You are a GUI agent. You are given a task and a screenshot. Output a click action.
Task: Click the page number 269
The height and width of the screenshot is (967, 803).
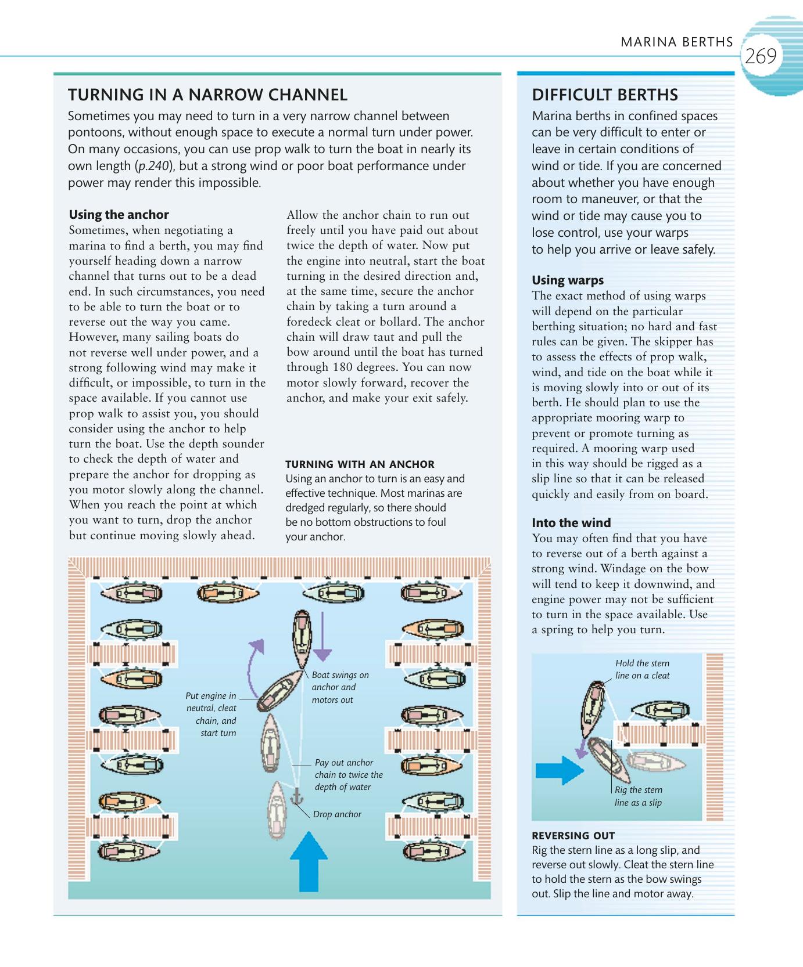(760, 56)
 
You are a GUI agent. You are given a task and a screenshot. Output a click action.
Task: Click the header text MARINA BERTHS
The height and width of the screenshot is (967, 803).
(676, 42)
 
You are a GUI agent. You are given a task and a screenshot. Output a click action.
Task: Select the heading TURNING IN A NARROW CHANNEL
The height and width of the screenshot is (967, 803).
(207, 95)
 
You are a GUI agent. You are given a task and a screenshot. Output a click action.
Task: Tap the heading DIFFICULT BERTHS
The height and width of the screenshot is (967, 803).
(604, 95)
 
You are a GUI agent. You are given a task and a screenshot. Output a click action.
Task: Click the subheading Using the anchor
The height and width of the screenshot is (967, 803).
(119, 215)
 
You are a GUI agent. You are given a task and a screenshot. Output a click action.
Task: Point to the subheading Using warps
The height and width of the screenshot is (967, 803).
(567, 280)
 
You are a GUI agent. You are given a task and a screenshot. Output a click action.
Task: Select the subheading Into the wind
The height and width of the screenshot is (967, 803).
(571, 523)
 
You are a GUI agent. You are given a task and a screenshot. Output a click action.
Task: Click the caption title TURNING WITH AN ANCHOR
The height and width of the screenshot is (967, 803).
(360, 464)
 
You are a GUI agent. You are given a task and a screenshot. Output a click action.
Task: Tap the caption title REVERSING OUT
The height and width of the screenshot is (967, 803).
(573, 836)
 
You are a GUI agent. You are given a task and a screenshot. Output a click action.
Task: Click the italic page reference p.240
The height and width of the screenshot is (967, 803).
(153, 166)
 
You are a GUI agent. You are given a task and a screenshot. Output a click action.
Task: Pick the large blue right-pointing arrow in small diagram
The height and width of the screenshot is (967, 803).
(559, 770)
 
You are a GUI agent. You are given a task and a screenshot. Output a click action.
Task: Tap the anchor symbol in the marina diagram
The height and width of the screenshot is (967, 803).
(296, 797)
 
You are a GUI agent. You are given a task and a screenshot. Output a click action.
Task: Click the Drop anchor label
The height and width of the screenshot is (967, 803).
(337, 814)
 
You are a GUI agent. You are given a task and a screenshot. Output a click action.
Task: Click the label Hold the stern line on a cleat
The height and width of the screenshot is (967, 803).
(642, 669)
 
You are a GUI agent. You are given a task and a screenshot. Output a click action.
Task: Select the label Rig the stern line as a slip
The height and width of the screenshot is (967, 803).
(638, 796)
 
